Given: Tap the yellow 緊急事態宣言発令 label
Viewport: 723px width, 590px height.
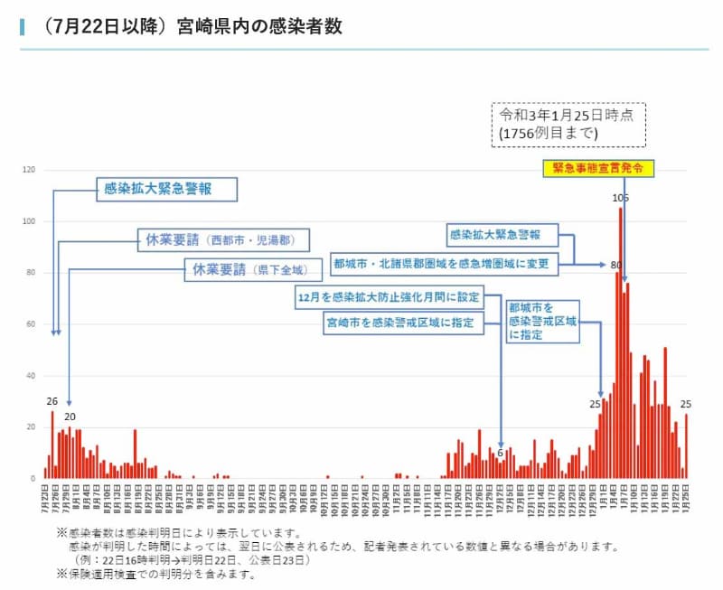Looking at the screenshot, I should point(597,167).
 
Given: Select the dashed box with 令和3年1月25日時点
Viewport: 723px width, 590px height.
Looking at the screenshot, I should point(568,123).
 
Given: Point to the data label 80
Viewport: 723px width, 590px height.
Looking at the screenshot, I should point(616,265).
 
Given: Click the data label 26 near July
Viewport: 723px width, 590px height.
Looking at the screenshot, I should point(52,402).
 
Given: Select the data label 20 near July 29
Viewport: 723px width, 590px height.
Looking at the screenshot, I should point(70,416).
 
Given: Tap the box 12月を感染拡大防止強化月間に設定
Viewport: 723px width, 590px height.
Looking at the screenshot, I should point(390,295).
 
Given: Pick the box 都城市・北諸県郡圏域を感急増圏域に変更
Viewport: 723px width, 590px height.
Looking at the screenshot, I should point(444,264).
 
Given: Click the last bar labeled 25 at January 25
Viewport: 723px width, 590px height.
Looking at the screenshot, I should point(686,445).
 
